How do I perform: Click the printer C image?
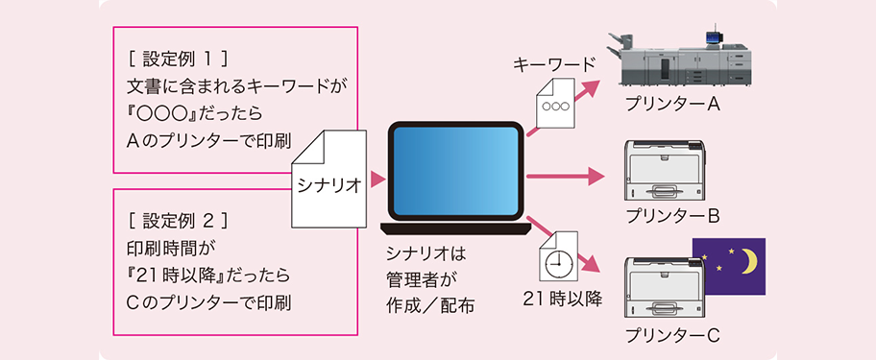coord(659,293)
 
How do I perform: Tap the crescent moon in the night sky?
coord(746,261)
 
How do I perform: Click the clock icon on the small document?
coord(556,261)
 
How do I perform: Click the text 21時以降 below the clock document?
coord(563,299)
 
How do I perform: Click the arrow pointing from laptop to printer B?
coord(567,177)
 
